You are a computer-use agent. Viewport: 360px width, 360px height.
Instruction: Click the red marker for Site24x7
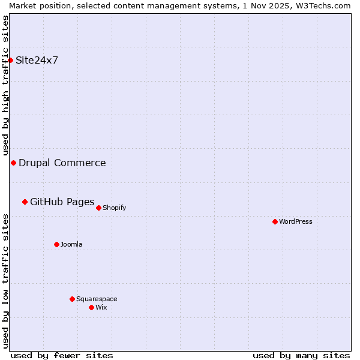[x=11, y=60]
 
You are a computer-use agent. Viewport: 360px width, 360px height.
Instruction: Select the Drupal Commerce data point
[x=13, y=163]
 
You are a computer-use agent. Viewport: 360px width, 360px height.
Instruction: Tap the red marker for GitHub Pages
[x=25, y=202]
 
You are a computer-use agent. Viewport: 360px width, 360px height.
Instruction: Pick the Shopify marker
[x=98, y=208]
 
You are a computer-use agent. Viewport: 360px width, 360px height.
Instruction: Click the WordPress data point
[x=275, y=221]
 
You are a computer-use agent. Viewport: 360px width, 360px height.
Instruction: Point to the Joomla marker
[x=56, y=244]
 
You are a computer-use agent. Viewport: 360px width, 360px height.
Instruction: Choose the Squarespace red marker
[x=72, y=299]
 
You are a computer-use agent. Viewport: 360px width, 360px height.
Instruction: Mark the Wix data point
[x=91, y=307]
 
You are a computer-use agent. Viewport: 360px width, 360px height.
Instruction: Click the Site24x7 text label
[x=37, y=60]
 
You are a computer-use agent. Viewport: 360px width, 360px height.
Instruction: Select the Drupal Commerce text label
[x=62, y=163]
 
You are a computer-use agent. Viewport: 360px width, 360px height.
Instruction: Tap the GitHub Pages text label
[x=62, y=202]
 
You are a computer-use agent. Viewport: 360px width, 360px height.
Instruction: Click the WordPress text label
[x=296, y=221]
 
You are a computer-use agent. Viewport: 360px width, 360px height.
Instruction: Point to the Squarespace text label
[x=97, y=299]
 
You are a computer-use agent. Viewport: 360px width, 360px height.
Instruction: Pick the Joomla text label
[x=71, y=244]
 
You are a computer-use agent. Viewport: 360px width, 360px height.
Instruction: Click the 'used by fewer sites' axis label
[x=62, y=355]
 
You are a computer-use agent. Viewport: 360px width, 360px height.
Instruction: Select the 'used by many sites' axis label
[x=301, y=355]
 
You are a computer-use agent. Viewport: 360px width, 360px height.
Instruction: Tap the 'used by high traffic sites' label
[x=5, y=85]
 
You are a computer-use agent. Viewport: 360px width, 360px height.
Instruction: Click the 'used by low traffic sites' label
[x=5, y=280]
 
